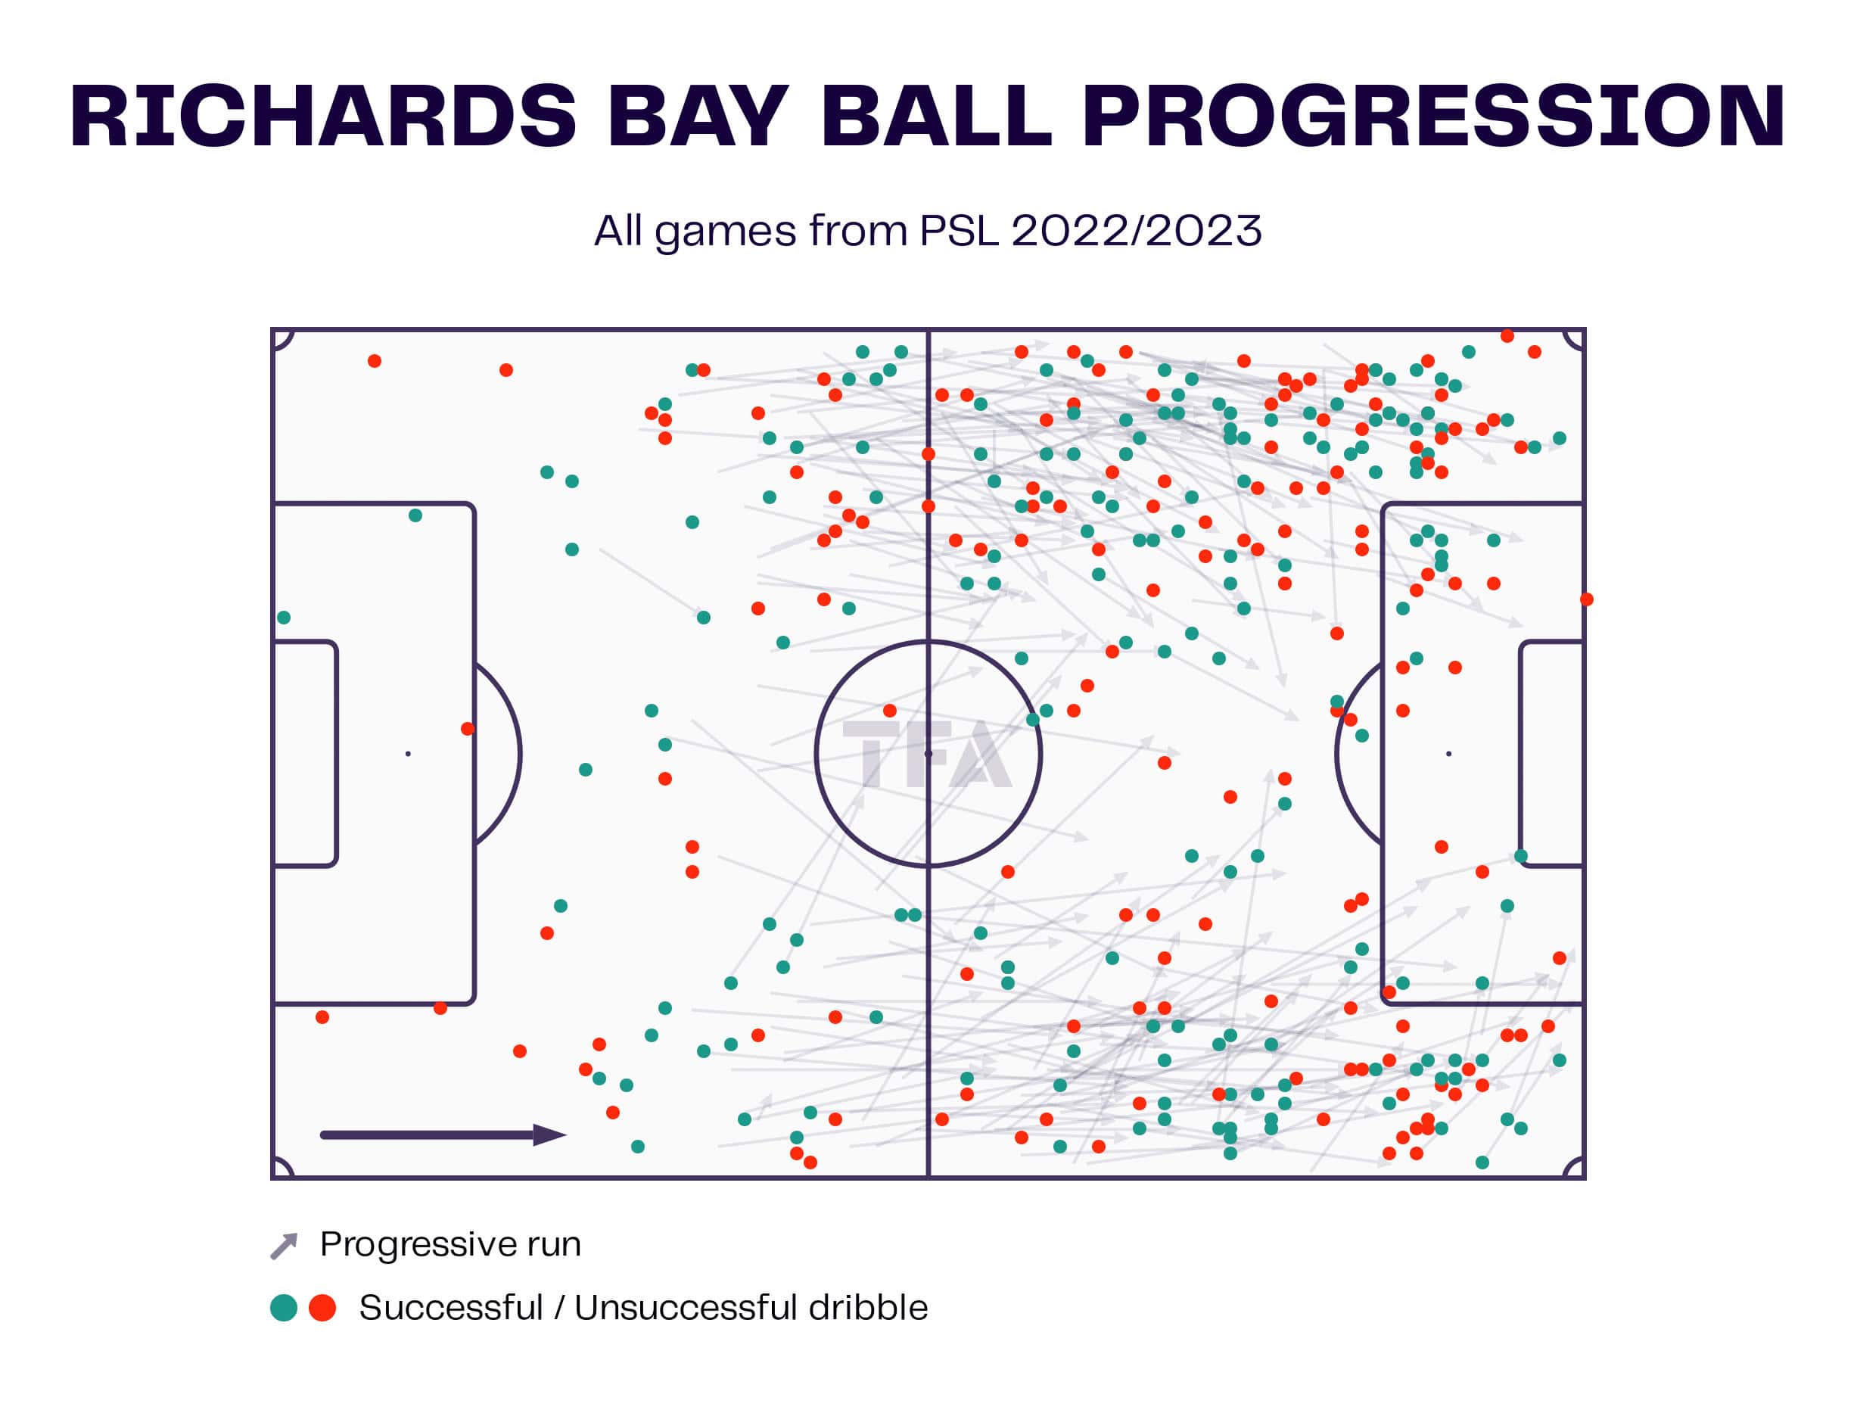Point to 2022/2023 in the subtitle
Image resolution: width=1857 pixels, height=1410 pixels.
click(x=1136, y=231)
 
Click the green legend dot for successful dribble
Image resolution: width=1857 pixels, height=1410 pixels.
click(x=284, y=1308)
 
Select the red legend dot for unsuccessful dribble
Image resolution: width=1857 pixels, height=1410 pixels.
click(x=322, y=1308)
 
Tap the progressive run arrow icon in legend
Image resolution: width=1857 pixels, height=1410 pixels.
click(x=284, y=1247)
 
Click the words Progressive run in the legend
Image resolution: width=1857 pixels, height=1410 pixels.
click(x=450, y=1244)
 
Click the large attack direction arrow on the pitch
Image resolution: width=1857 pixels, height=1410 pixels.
click(x=443, y=1135)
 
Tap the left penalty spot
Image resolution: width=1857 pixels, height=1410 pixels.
click(x=408, y=754)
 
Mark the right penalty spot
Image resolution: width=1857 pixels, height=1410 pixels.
click(x=1448, y=754)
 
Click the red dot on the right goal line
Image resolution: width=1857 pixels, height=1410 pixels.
click(x=1586, y=599)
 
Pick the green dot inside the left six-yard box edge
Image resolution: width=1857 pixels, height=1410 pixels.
click(x=284, y=618)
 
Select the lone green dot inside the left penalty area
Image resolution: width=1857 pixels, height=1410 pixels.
click(x=415, y=515)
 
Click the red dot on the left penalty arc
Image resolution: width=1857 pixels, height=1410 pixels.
click(x=468, y=729)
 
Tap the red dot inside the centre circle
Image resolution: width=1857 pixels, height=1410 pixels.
click(x=890, y=711)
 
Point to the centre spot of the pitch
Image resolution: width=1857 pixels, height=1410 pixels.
click(x=928, y=754)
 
